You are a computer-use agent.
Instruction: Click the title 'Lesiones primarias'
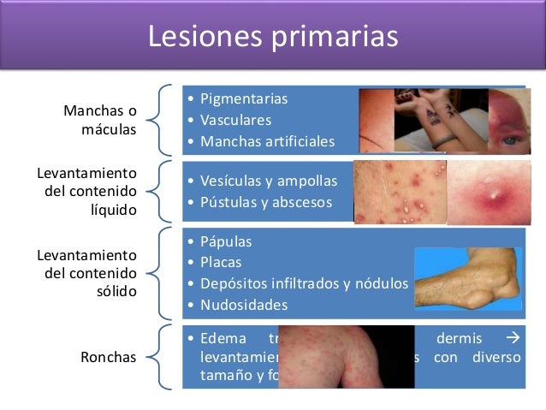click(x=273, y=37)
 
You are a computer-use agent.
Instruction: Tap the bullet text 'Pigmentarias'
click(x=243, y=98)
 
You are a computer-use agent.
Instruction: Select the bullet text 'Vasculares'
click(x=235, y=120)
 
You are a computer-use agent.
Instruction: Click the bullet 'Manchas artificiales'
click(x=267, y=141)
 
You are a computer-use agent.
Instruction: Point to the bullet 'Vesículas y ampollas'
click(x=269, y=181)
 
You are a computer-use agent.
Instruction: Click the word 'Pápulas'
click(x=226, y=241)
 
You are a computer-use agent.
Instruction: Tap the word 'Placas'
click(x=221, y=263)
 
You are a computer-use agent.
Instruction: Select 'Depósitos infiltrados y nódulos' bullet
click(x=304, y=284)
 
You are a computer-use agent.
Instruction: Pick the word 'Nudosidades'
click(x=243, y=305)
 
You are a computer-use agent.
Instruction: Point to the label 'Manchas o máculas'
click(x=100, y=121)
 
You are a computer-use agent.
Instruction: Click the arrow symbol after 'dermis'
click(x=513, y=337)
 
